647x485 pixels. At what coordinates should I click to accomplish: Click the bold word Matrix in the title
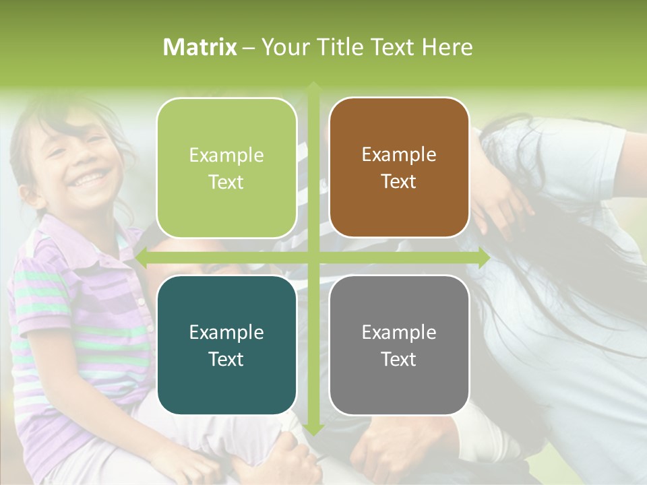[x=200, y=47]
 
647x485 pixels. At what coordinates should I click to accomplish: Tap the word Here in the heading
[x=447, y=47]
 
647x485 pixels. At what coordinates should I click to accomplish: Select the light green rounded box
[x=226, y=168]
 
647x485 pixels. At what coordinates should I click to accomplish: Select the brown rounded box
[x=399, y=168]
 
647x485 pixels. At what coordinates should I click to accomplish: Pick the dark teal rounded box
[x=226, y=345]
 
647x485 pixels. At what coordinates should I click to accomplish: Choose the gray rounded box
[x=399, y=345]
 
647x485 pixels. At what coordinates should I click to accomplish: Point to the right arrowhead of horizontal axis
[x=483, y=258]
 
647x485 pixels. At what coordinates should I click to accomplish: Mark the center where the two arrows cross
[x=313, y=258]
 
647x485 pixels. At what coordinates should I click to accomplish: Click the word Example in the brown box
[x=399, y=154]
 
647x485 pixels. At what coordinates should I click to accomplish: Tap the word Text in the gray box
[x=399, y=359]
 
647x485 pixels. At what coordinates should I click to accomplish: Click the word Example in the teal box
[x=226, y=332]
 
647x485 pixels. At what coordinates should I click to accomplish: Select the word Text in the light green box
[x=226, y=182]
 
